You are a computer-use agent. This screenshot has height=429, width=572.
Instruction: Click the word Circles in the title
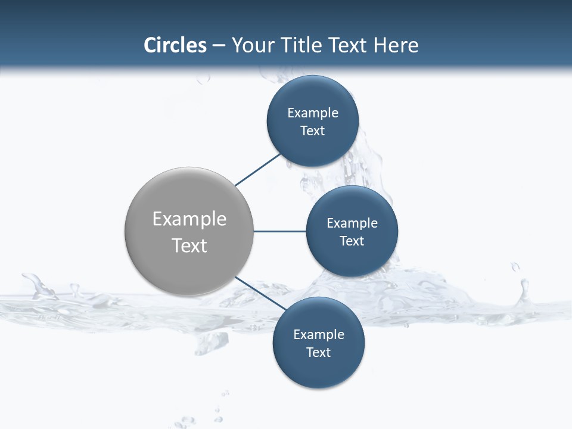click(x=175, y=45)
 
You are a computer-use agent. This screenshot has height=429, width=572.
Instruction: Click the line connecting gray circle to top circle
click(x=258, y=170)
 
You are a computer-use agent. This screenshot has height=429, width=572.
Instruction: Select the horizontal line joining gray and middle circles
click(x=279, y=231)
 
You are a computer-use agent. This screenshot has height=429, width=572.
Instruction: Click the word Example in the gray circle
click(x=189, y=219)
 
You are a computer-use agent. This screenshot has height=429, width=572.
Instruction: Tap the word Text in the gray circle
click(x=189, y=245)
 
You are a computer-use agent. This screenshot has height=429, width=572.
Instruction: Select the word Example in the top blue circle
click(x=313, y=113)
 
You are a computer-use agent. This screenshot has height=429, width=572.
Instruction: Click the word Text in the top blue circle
click(x=312, y=131)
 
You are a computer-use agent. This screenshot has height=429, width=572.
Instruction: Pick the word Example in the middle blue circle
click(x=352, y=223)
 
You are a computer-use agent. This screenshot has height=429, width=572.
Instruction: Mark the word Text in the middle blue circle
click(x=352, y=241)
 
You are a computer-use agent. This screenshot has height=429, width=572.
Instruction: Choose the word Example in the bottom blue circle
click(x=319, y=335)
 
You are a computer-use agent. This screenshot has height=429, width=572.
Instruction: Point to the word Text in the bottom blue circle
click(x=318, y=353)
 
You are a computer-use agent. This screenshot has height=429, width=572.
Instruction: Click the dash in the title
click(x=219, y=46)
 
